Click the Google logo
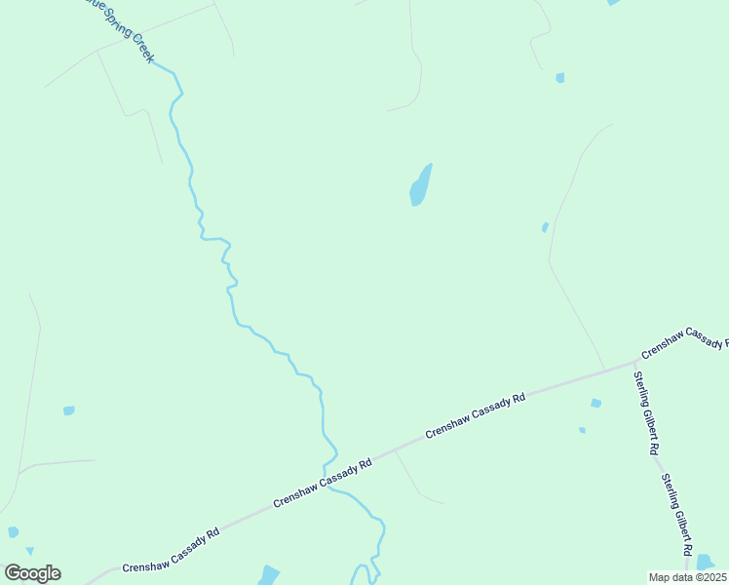(32, 573)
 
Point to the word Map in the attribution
(661, 577)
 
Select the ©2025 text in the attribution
(710, 577)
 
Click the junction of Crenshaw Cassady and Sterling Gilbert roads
(635, 363)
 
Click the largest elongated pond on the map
(420, 185)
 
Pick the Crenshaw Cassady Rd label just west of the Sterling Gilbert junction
(476, 415)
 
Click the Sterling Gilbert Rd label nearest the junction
(647, 413)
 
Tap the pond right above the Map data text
(706, 563)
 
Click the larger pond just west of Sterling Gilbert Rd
(595, 403)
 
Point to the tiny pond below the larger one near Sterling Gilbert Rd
(582, 430)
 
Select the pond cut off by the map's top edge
(612, 3)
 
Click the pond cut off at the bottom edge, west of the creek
(269, 575)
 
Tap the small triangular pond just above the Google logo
(30, 552)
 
